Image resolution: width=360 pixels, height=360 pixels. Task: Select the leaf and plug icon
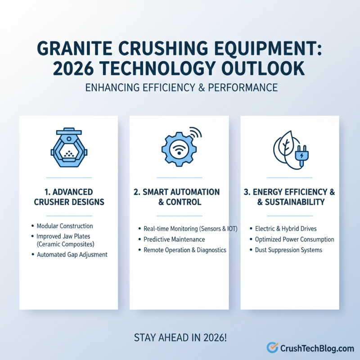290,149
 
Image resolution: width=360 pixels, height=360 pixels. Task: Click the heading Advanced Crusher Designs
69,197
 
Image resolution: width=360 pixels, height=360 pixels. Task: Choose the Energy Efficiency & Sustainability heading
289,197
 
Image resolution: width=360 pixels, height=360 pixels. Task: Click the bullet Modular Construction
65,226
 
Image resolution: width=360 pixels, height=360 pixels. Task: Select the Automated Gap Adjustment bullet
72,254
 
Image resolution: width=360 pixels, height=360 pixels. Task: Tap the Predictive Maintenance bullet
174,239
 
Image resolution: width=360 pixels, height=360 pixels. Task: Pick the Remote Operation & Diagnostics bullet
184,250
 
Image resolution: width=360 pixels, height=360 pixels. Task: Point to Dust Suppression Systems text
288,250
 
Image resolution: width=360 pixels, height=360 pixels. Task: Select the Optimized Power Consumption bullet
294,239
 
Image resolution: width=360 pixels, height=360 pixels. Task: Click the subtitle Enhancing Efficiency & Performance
180,87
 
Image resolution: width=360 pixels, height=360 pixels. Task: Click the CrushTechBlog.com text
317,348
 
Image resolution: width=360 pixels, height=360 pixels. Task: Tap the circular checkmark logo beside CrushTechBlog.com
272,347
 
